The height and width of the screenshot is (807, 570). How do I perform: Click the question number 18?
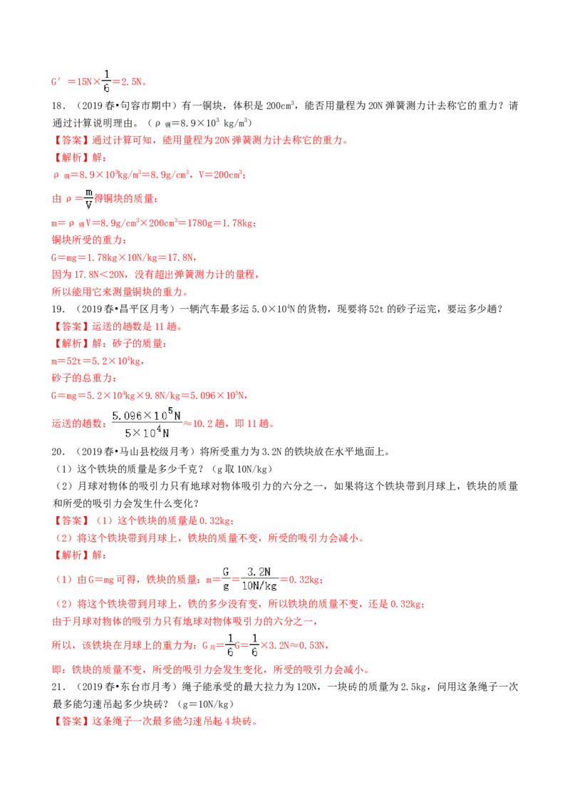click(x=58, y=106)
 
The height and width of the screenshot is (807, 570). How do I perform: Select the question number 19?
click(x=58, y=309)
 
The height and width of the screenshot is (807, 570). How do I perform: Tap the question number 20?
click(x=58, y=452)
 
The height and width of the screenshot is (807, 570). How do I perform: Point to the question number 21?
click(x=58, y=687)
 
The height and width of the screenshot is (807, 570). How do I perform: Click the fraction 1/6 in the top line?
click(x=106, y=81)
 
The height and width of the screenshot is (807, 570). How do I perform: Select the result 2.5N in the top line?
click(x=133, y=82)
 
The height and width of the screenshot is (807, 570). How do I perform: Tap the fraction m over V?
click(x=88, y=199)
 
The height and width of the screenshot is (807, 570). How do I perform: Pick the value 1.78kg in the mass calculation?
click(x=239, y=223)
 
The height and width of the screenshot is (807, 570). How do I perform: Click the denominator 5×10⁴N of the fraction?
click(x=147, y=432)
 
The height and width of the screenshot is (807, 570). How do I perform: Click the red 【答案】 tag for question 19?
click(x=71, y=327)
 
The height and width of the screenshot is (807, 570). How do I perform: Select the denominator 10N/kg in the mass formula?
click(x=259, y=586)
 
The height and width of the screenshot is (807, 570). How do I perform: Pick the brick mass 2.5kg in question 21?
click(x=413, y=687)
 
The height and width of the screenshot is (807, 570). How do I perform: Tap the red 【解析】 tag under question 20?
click(x=71, y=555)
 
